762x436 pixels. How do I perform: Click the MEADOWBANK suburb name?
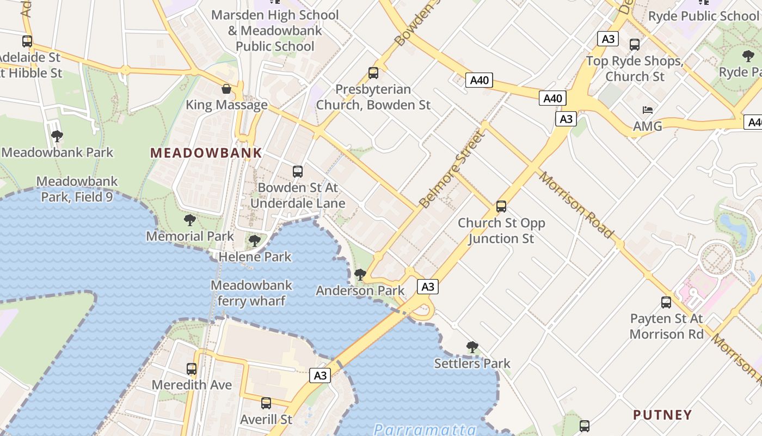(206, 153)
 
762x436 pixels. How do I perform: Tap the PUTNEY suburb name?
(662, 415)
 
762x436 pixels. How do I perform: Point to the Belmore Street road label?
(452, 169)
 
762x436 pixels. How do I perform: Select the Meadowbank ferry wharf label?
(251, 293)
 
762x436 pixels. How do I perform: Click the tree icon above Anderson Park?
(360, 275)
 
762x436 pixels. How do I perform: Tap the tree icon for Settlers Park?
(472, 347)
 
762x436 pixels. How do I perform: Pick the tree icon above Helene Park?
(254, 240)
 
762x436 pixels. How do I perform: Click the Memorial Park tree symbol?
(189, 220)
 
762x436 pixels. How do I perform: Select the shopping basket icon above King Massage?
(226, 89)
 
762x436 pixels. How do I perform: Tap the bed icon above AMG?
(648, 110)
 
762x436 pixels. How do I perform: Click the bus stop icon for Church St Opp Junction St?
(501, 207)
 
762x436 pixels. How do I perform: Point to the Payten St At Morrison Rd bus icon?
(666, 302)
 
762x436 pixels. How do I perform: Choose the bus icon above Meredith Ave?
(192, 369)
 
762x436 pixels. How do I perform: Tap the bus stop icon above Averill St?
(266, 403)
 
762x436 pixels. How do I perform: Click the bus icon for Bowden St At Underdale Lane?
(298, 172)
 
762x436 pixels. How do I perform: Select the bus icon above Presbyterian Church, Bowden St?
(373, 73)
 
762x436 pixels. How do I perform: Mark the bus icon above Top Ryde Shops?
(635, 45)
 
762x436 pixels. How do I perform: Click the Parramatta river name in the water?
(425, 429)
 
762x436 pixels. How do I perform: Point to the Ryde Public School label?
(703, 16)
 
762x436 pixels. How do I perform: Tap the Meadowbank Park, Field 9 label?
(77, 189)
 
